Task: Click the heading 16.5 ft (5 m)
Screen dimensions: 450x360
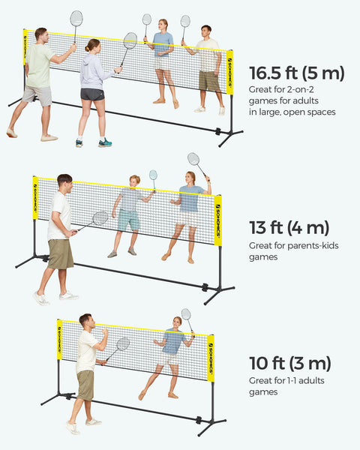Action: pos(296,73)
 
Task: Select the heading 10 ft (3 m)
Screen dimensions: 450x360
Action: pos(289,364)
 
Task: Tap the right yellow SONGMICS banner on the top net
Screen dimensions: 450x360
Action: pos(229,72)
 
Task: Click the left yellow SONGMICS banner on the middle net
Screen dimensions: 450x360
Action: pos(34,198)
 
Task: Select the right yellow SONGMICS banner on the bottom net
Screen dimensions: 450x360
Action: pos(211,358)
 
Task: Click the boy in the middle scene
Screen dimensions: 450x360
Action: pos(128,214)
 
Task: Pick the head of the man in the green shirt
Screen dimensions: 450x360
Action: pos(40,34)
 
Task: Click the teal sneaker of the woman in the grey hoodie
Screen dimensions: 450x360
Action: pos(104,142)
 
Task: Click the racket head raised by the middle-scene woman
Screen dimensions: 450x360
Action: pos(193,159)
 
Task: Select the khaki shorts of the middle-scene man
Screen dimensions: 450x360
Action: pos(61,253)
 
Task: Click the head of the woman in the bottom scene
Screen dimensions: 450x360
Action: pos(177,322)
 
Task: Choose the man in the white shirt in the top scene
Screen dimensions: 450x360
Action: pos(208,67)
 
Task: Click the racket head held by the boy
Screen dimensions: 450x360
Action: pos(153,175)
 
